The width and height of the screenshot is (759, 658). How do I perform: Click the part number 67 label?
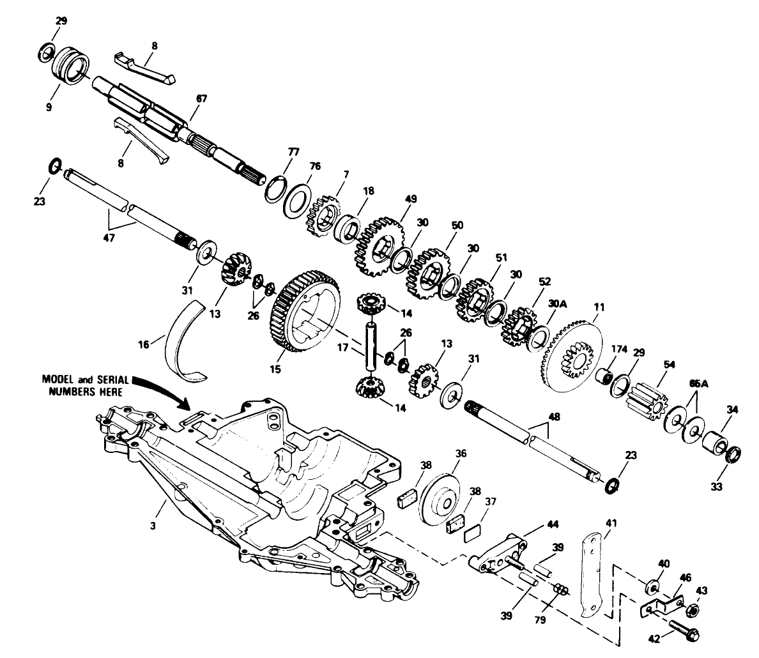tap(202, 99)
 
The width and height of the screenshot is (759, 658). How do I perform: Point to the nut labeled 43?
tap(691, 610)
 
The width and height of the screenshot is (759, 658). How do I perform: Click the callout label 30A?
tap(558, 304)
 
